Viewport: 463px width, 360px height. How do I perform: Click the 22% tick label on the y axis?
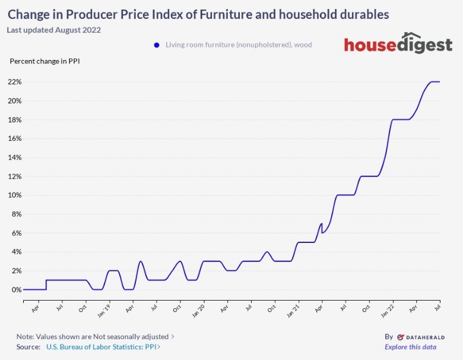(x=14, y=82)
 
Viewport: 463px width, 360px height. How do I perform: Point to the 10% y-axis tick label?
(x=14, y=195)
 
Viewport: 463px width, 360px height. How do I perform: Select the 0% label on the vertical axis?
(x=16, y=290)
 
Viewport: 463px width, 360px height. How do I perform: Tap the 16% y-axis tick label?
(x=14, y=138)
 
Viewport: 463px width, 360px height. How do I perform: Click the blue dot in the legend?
(x=157, y=45)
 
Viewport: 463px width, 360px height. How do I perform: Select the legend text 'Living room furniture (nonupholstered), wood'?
(x=239, y=45)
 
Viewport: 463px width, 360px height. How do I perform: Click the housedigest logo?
(x=398, y=44)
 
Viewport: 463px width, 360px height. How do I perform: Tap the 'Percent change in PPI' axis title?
(x=45, y=61)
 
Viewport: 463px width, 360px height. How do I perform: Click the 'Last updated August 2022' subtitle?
(x=54, y=30)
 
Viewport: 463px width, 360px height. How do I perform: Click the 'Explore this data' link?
(x=410, y=347)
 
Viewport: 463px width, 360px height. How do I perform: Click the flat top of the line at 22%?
(x=434, y=82)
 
